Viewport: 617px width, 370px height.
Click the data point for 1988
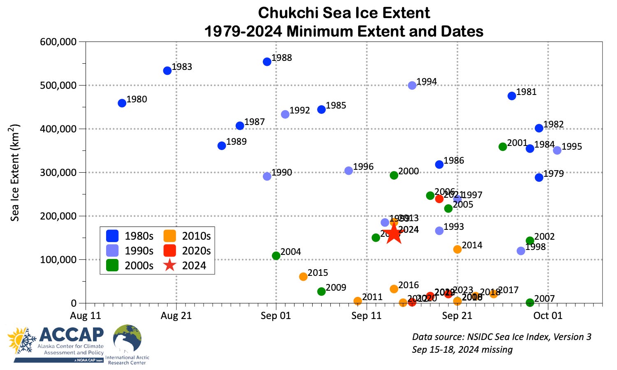(x=267, y=62)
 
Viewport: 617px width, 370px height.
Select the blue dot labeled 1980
(x=122, y=103)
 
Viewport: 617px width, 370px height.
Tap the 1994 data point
(x=412, y=86)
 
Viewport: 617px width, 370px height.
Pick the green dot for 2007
(x=530, y=303)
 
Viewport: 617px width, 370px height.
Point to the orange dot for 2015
(x=303, y=277)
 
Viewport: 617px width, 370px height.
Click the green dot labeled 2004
(x=276, y=256)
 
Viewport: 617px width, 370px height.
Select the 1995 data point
(x=557, y=150)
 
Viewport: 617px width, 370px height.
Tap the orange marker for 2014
(x=457, y=250)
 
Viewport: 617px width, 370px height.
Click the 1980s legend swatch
(x=112, y=236)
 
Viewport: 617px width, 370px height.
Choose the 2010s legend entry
(x=170, y=236)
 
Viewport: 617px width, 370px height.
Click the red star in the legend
(x=170, y=266)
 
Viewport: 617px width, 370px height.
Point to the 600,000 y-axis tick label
(x=58, y=42)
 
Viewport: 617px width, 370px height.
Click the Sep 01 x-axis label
(x=276, y=316)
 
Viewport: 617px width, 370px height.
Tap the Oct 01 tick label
(x=547, y=316)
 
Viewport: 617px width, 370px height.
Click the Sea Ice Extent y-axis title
(x=15, y=173)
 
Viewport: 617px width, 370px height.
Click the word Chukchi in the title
(x=288, y=13)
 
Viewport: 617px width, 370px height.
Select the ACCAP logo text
(x=72, y=335)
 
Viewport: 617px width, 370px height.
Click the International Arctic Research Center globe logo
(x=127, y=339)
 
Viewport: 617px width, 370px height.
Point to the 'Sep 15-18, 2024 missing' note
(x=462, y=349)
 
